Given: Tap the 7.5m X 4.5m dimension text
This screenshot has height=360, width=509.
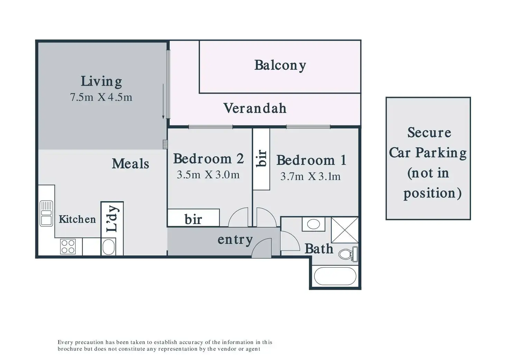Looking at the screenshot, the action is [101, 97].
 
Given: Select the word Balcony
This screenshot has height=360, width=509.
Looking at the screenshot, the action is [280, 66].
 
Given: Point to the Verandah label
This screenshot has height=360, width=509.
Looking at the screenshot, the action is [255, 108].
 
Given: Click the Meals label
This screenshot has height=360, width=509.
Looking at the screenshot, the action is [130, 164].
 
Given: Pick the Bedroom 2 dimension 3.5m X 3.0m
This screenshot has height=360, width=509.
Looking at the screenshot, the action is [208, 175].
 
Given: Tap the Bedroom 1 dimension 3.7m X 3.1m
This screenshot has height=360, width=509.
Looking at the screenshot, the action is [311, 176].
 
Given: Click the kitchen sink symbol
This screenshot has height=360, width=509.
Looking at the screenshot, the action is [46, 213].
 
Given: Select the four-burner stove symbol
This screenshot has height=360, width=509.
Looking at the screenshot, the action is [68, 247].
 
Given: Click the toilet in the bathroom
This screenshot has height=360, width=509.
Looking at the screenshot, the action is [348, 254].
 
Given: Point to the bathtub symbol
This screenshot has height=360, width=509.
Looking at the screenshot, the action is [335, 276].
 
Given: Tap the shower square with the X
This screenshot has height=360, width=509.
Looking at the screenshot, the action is [345, 230].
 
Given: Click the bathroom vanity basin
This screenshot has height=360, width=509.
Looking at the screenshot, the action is [313, 224].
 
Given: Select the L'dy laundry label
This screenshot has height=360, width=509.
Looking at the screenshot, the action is [113, 219].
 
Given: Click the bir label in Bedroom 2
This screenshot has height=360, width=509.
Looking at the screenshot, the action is [193, 220].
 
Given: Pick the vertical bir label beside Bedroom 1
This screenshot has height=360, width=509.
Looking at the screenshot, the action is [261, 158].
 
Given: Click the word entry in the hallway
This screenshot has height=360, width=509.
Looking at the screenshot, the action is [235, 240].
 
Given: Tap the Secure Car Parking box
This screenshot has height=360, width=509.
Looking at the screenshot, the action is [428, 158].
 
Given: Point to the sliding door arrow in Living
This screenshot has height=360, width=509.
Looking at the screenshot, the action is [163, 101].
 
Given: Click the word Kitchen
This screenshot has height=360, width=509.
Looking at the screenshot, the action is [77, 219].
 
